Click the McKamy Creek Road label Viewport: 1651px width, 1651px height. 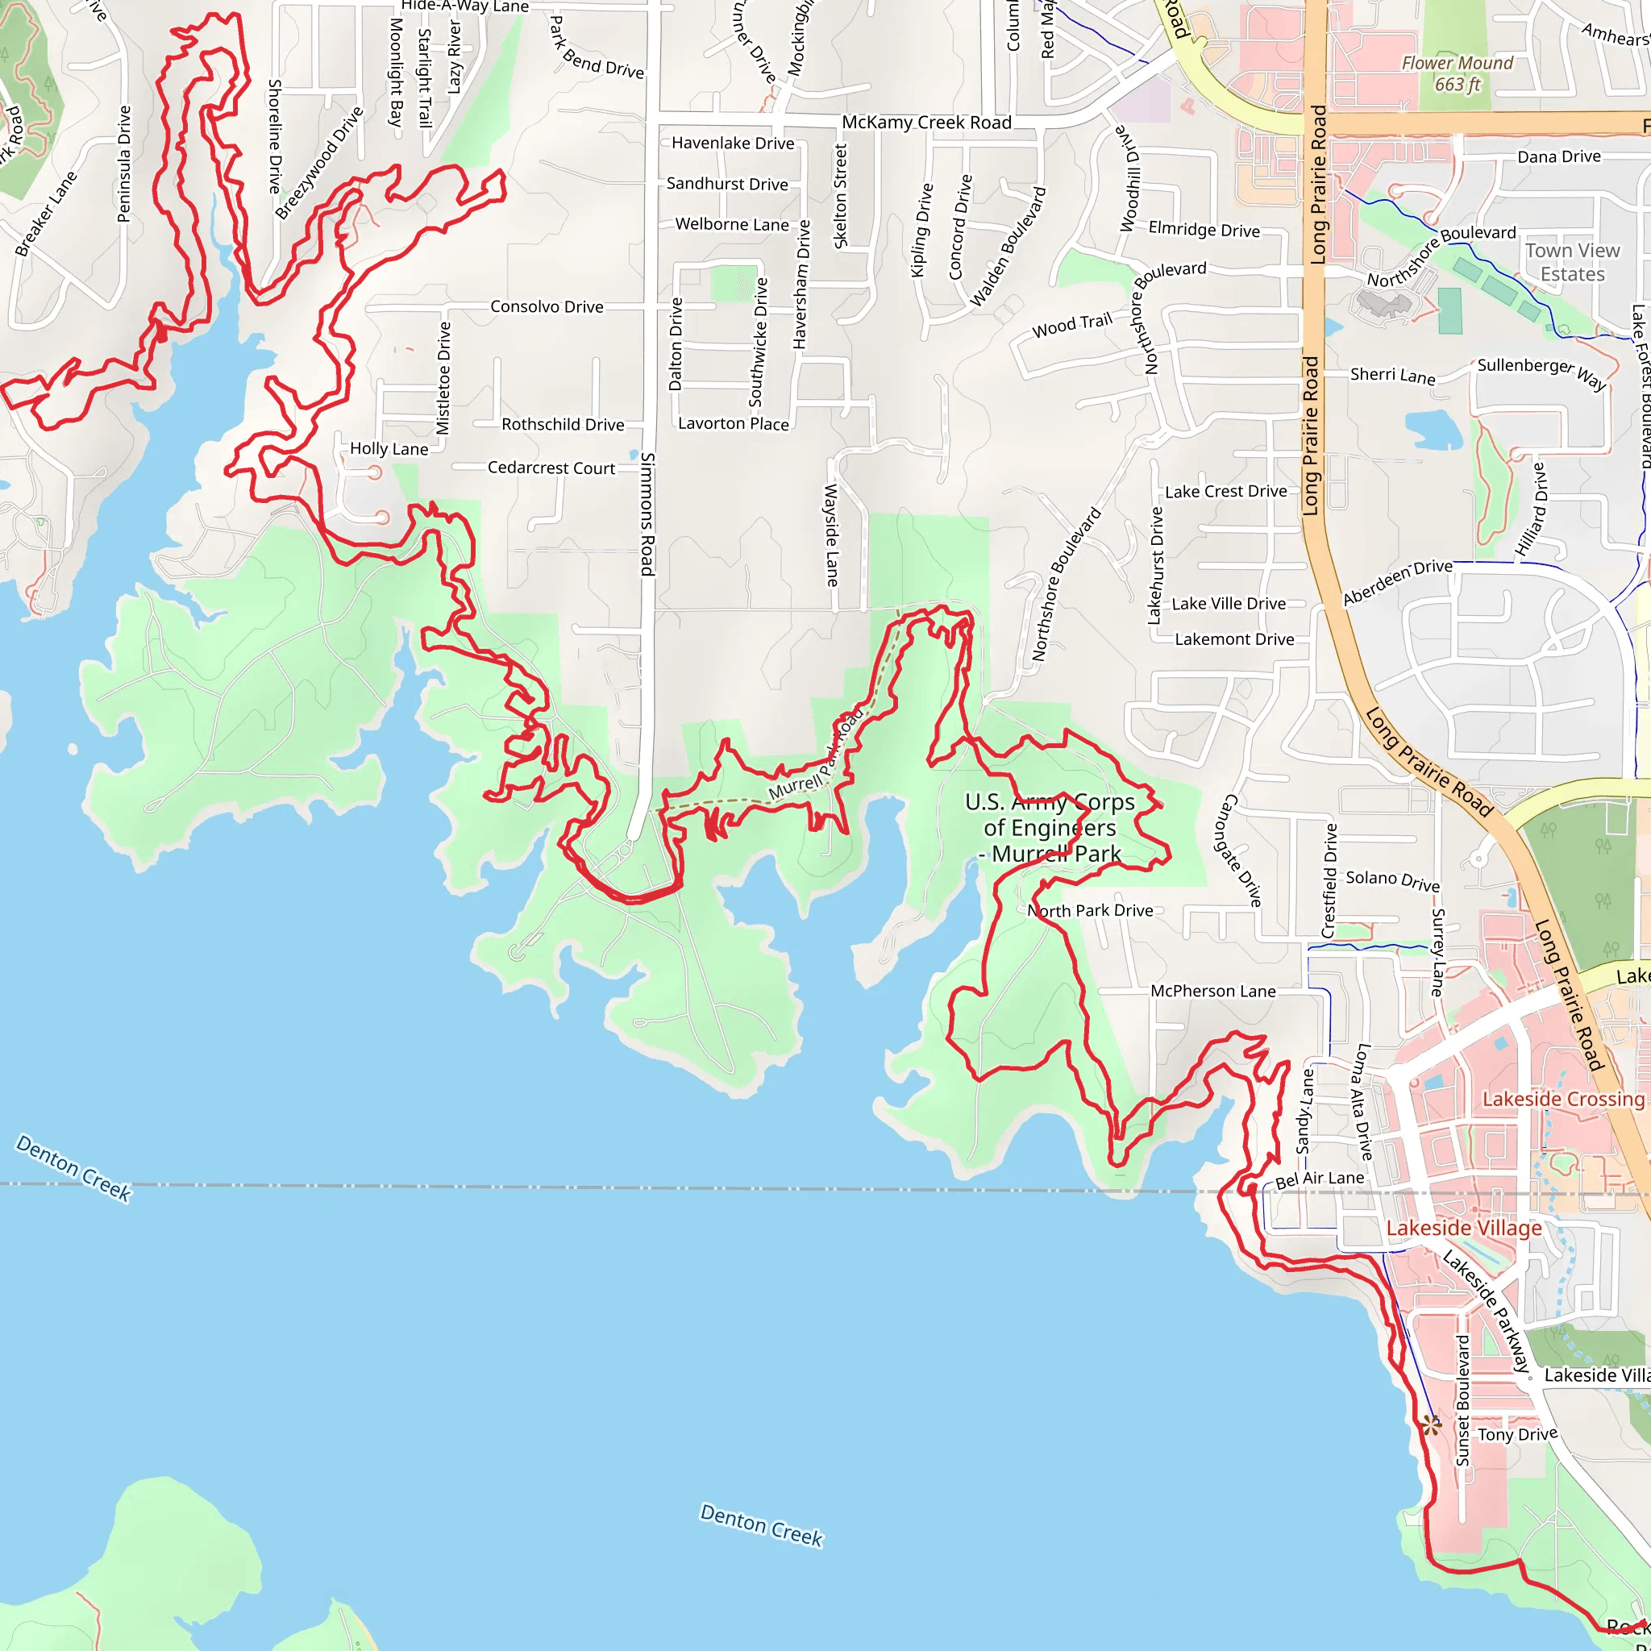pos(926,123)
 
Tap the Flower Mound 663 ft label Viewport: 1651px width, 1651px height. pos(1457,73)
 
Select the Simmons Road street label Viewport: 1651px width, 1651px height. pos(648,514)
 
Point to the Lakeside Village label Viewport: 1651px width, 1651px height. pos(1464,1228)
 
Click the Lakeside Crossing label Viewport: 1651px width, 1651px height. pos(1563,1099)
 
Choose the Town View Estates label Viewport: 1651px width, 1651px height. pos(1572,262)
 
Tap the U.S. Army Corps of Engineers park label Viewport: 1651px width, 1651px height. pos(1050,827)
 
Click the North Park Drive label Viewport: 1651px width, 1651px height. pos(1091,911)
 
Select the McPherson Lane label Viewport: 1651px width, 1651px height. pos(1212,992)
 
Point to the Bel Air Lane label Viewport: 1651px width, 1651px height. pos(1320,1179)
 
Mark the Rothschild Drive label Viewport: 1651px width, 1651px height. pos(563,425)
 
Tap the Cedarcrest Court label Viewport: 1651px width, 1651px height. pos(551,468)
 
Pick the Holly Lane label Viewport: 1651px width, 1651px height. pos(389,449)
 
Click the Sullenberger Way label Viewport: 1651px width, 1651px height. pos(1541,372)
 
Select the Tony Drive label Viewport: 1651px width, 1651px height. pos(1518,1435)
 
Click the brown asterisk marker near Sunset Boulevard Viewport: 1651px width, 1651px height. pos(1432,1424)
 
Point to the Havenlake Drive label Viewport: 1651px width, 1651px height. pos(732,143)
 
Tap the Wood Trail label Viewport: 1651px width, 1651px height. pos(1071,326)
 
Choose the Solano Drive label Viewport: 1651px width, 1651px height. pos(1393,880)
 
